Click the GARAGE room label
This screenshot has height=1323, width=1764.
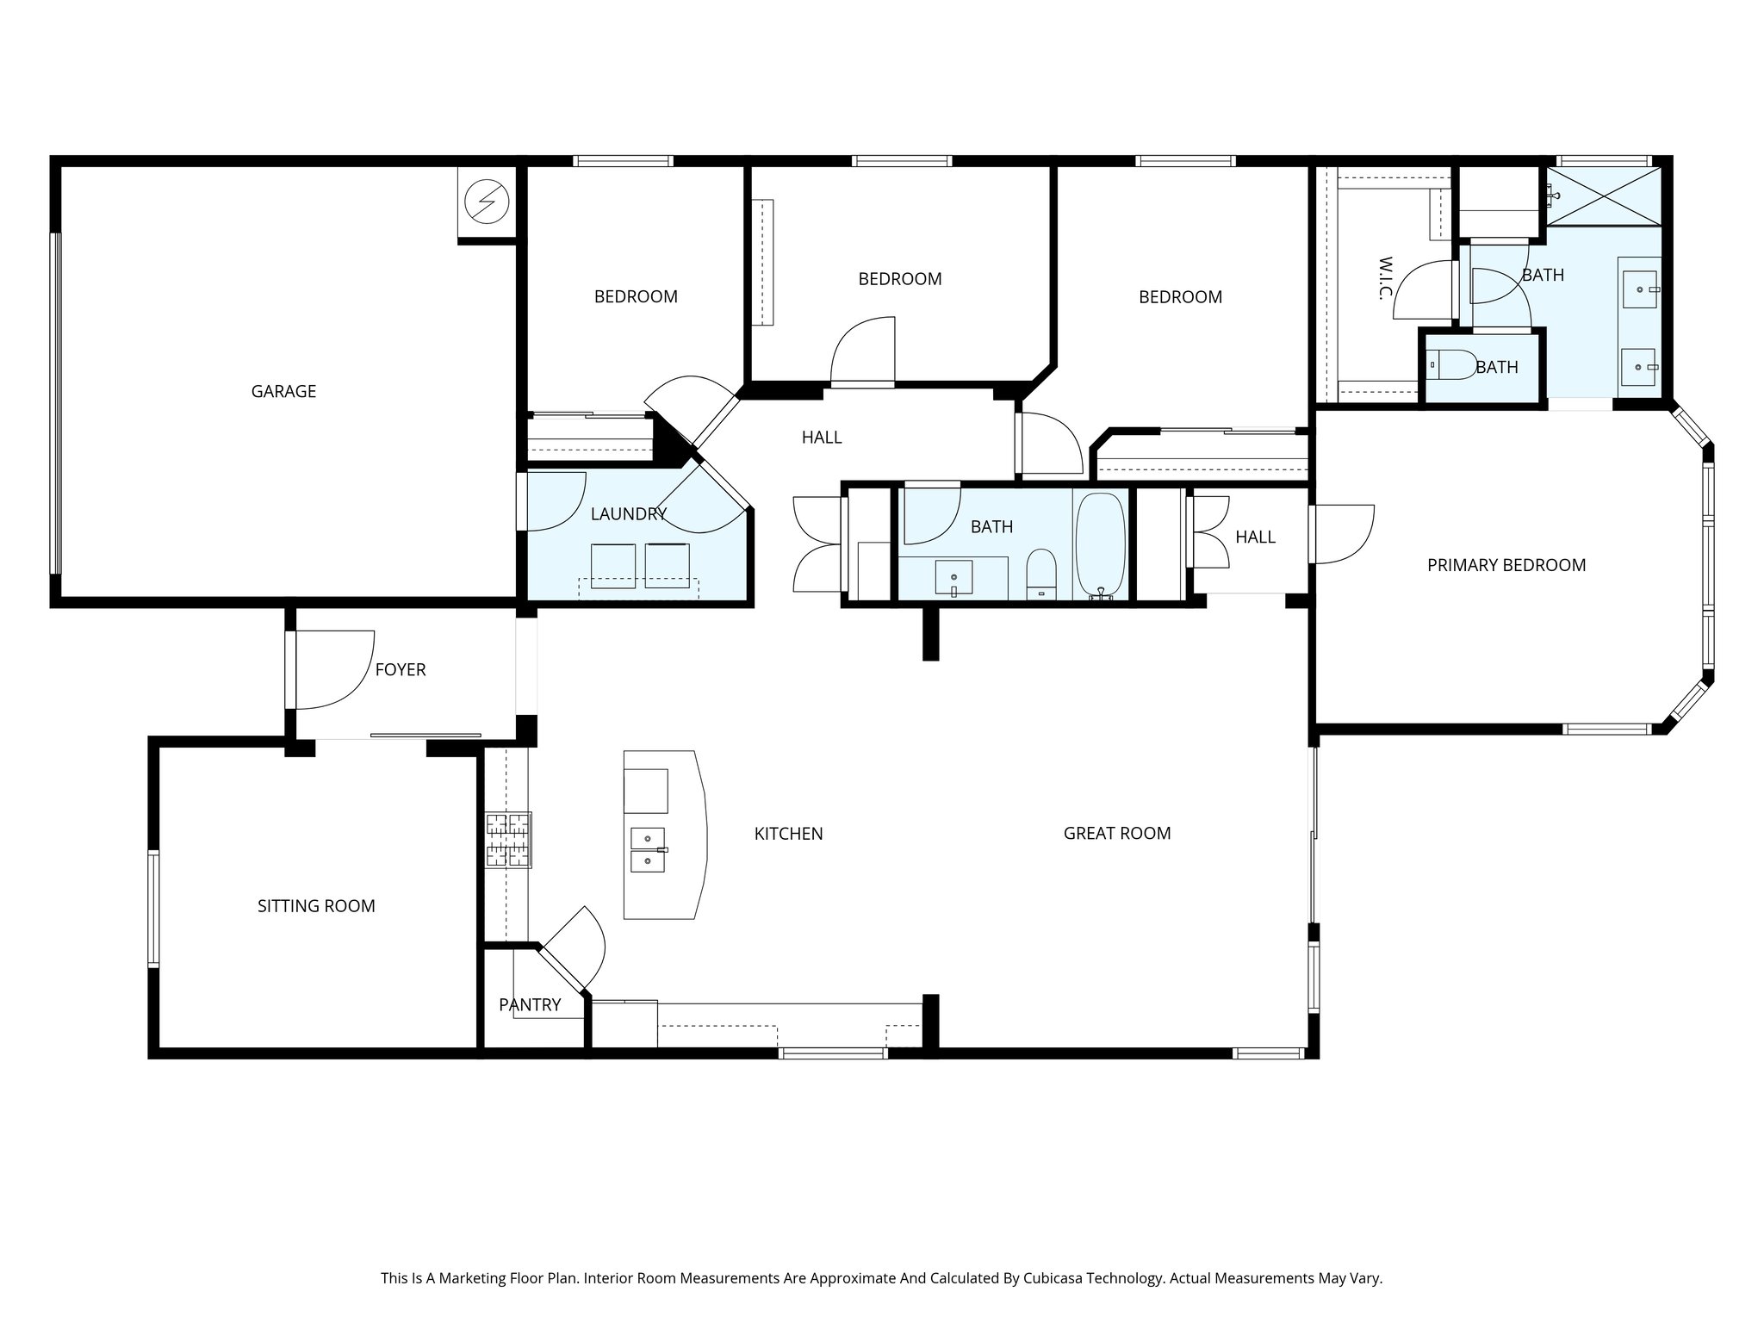click(x=283, y=392)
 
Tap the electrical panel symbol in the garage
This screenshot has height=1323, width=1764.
click(x=487, y=202)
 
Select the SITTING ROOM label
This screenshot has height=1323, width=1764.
click(x=316, y=906)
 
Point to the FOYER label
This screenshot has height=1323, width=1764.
click(x=401, y=669)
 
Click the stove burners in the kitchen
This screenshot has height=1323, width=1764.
click(x=508, y=840)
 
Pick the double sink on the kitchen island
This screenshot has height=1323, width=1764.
click(x=649, y=850)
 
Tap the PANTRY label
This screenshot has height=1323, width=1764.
click(x=530, y=1004)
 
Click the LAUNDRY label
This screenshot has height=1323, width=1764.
click(x=629, y=514)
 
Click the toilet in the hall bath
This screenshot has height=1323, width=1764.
click(x=1041, y=573)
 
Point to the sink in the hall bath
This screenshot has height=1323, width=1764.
click(x=953, y=578)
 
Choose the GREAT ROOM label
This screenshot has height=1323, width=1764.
click(x=1117, y=833)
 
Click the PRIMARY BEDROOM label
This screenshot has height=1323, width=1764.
click(x=1506, y=565)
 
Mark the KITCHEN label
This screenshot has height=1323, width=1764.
click(x=788, y=834)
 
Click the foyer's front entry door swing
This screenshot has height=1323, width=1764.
click(x=335, y=670)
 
